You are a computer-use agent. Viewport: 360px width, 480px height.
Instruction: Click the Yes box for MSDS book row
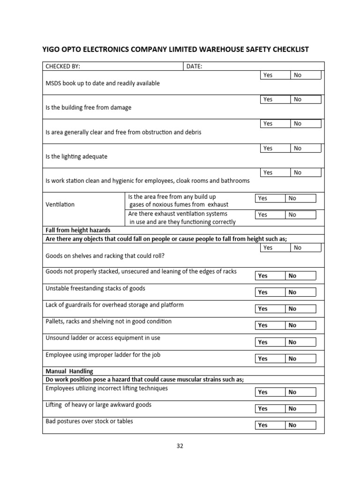coord(275,75)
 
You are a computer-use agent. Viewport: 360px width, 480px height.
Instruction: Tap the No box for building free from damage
coord(306,99)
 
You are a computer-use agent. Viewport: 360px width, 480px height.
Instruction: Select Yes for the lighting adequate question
coord(275,148)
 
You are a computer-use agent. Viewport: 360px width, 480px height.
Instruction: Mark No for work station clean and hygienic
coord(306,172)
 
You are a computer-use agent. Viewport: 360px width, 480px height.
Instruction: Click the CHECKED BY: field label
coord(66,67)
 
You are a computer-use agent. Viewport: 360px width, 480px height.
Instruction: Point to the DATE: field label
coord(194,67)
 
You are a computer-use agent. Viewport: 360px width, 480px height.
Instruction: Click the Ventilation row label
coord(60,205)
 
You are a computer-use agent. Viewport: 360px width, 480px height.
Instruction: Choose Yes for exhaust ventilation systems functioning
coord(270,215)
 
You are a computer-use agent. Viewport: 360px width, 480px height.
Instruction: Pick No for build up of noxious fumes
coord(300,198)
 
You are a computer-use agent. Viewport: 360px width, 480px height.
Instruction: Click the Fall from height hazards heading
coord(78,231)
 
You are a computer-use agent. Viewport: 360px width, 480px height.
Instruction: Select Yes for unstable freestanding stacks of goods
coord(270,292)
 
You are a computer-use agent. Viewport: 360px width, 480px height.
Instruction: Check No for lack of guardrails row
coord(300,309)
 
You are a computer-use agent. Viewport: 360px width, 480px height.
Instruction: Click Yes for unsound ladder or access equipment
coord(270,342)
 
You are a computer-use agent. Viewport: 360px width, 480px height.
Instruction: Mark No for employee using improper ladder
coord(300,359)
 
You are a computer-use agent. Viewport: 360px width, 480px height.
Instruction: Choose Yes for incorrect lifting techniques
coord(270,392)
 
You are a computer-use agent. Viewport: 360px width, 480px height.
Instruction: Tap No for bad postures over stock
coord(300,425)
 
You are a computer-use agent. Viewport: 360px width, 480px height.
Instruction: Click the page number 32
coord(180,446)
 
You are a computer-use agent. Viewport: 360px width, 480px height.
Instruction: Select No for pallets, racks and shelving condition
coord(300,325)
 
